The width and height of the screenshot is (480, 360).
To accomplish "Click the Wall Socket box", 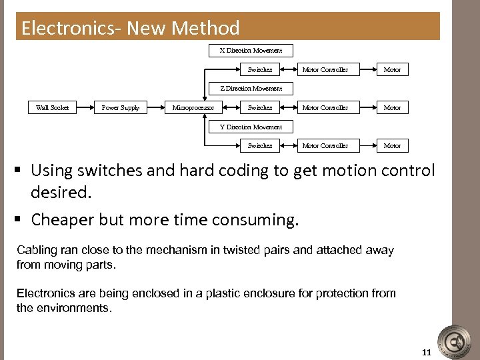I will [x=52, y=107].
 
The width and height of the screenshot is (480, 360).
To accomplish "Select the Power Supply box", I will [x=121, y=107].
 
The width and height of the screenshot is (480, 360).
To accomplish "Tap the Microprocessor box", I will [x=193, y=107].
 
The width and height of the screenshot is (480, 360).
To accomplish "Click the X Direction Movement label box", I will [x=251, y=50].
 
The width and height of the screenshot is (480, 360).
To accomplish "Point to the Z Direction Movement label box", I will [x=251, y=88].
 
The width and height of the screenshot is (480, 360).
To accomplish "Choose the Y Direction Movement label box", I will [x=251, y=127].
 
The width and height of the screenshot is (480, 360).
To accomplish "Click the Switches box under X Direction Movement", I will [x=259, y=69].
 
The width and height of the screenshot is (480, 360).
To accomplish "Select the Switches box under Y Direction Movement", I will [x=259, y=145].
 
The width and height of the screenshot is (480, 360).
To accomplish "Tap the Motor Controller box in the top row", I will [x=325, y=69].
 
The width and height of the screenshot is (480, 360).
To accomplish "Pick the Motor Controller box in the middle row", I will [x=325, y=107].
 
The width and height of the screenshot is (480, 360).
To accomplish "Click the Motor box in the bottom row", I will [x=392, y=145].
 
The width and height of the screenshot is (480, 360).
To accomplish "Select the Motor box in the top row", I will [x=392, y=69].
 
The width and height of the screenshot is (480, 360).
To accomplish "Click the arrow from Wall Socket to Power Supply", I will [x=86, y=107].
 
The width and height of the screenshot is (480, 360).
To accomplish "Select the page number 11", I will [x=427, y=351].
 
